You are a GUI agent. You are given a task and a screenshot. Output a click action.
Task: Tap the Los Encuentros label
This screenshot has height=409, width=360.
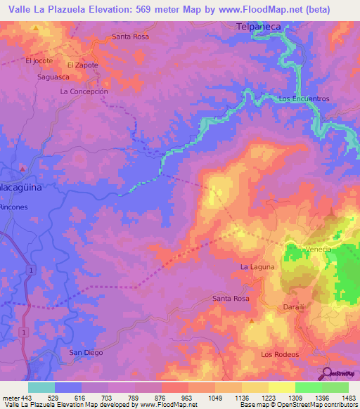point(304,99)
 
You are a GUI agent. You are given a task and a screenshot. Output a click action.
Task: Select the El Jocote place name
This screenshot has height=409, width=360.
point(39,61)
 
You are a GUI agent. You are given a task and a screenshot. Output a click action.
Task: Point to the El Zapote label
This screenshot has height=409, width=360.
point(82,65)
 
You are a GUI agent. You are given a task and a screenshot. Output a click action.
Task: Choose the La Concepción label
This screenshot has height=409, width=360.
point(84,91)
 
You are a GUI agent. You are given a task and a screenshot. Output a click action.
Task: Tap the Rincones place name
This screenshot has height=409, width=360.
point(14,207)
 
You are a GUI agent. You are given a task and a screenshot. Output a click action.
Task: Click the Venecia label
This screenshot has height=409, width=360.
point(317,249)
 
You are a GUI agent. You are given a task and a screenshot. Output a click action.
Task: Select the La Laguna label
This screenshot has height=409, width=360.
point(257,267)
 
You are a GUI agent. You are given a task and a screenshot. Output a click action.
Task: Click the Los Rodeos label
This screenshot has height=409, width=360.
point(280,354)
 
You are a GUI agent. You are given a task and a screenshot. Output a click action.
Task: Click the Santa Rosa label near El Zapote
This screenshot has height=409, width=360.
point(130,37)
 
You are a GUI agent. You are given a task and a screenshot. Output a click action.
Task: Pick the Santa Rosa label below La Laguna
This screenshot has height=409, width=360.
point(231,299)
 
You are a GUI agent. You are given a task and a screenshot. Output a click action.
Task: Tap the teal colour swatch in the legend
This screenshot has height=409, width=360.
point(41,387)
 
